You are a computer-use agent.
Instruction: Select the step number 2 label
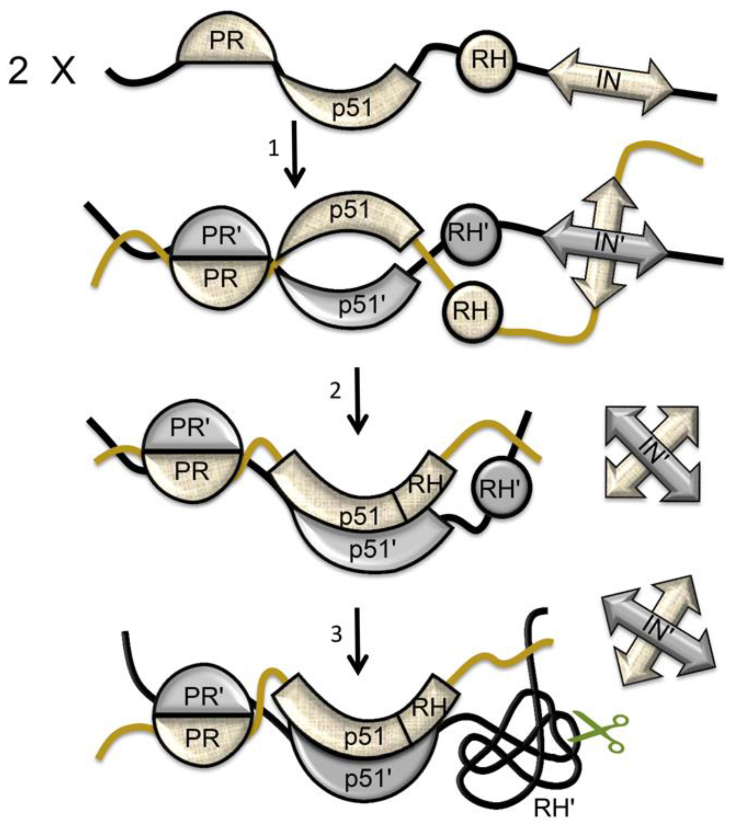coord(335,392)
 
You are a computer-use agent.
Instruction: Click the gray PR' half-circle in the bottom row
coord(202,696)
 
